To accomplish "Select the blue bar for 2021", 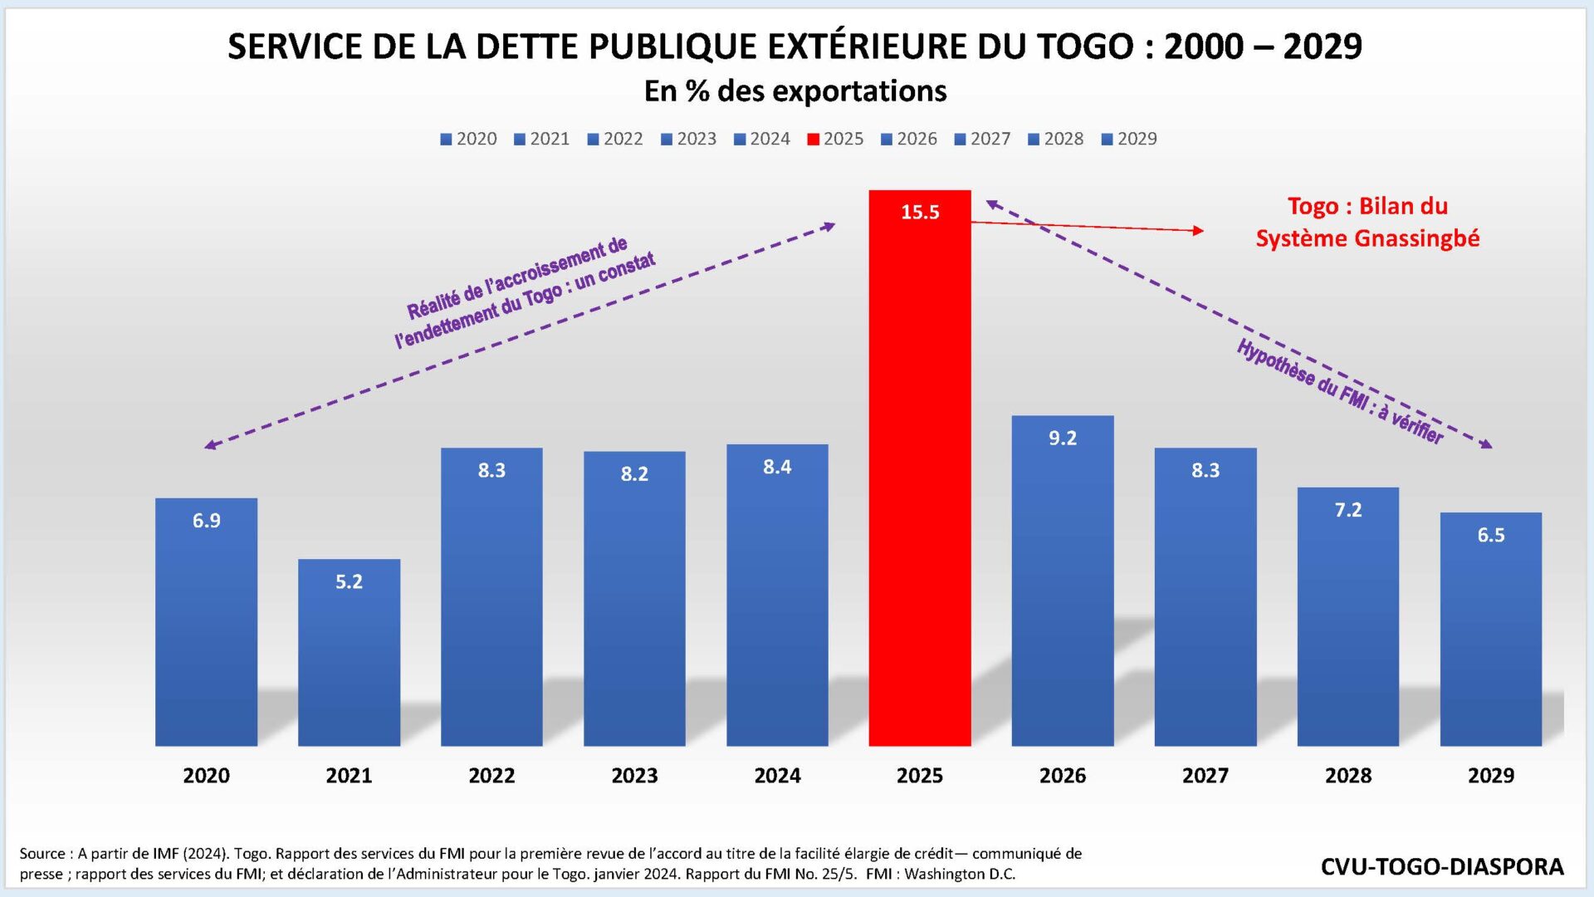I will (349, 656).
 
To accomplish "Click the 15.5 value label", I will (920, 213).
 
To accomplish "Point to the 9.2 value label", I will (1063, 439).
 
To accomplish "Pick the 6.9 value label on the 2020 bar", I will (207, 521).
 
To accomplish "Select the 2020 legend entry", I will (468, 139).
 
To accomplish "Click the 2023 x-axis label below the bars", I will (634, 776).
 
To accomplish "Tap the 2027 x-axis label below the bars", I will (1205, 776).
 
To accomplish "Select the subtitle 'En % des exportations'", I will (795, 91).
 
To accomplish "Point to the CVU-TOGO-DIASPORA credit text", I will (1442, 867).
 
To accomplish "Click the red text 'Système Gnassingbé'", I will (1367, 238).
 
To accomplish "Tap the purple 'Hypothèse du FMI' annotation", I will (1339, 391).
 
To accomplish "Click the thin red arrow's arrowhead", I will (1199, 230).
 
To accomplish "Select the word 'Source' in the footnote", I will (42, 854).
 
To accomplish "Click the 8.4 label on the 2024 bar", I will (777, 468).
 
